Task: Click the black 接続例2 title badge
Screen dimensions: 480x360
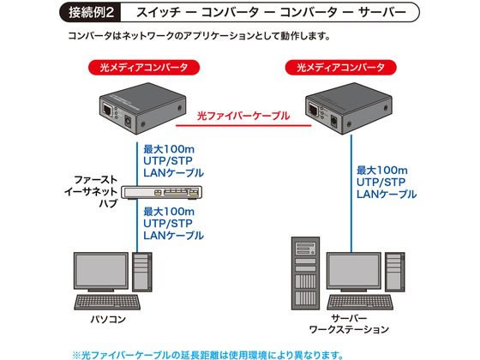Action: pyautogui.click(x=91, y=13)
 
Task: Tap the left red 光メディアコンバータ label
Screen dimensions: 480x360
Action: pyautogui.click(x=144, y=68)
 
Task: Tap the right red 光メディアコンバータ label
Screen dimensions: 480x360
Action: pyautogui.click(x=341, y=68)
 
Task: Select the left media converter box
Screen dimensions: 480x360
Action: pyautogui.click(x=142, y=108)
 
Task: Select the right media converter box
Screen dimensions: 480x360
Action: pyautogui.click(x=349, y=108)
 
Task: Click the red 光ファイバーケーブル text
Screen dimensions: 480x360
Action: pyautogui.click(x=243, y=116)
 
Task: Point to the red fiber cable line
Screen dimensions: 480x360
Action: pyautogui.click(x=243, y=125)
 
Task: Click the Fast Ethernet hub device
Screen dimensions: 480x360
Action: pyautogui.click(x=162, y=192)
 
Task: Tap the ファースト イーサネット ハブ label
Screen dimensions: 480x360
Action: pyautogui.click(x=91, y=192)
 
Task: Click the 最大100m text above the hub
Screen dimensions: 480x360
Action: pyautogui.click(x=169, y=149)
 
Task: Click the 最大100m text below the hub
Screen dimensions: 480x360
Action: pyautogui.click(x=169, y=212)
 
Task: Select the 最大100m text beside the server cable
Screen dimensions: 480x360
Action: pyautogui.click(x=382, y=171)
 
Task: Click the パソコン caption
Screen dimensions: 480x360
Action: pyautogui.click(x=108, y=319)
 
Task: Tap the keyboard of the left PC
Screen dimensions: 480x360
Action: pyautogui.click(x=107, y=302)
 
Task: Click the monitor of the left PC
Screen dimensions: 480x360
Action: pyautogui.click(x=101, y=272)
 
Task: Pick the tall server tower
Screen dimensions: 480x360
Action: pyautogui.click(x=305, y=273)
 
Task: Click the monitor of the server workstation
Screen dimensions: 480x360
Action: pyautogui.click(x=354, y=272)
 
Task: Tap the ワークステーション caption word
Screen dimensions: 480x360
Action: pyautogui.click(x=349, y=330)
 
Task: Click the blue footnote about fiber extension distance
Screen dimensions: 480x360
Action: pyautogui.click(x=207, y=355)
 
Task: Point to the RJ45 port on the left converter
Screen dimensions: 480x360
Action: pyautogui.click(x=107, y=110)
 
